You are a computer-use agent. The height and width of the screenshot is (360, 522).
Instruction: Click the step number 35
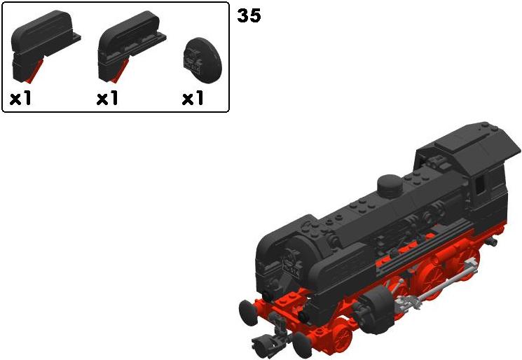click(x=249, y=15)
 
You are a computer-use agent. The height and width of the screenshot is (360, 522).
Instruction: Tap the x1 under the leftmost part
click(x=20, y=98)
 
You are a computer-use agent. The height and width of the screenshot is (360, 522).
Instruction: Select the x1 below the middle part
click(x=107, y=98)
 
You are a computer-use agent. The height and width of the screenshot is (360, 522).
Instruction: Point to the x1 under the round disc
click(x=193, y=98)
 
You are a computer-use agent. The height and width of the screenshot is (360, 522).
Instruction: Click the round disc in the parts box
click(x=202, y=60)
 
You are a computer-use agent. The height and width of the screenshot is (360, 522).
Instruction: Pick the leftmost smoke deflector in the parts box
click(x=45, y=46)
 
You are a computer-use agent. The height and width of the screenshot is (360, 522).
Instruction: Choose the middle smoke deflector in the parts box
click(x=132, y=46)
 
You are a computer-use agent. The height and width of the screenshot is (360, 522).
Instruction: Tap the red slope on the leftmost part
click(x=36, y=71)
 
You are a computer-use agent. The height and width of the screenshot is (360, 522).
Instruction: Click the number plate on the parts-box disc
click(x=193, y=66)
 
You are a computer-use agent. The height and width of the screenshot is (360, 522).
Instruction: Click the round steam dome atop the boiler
click(x=390, y=186)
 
